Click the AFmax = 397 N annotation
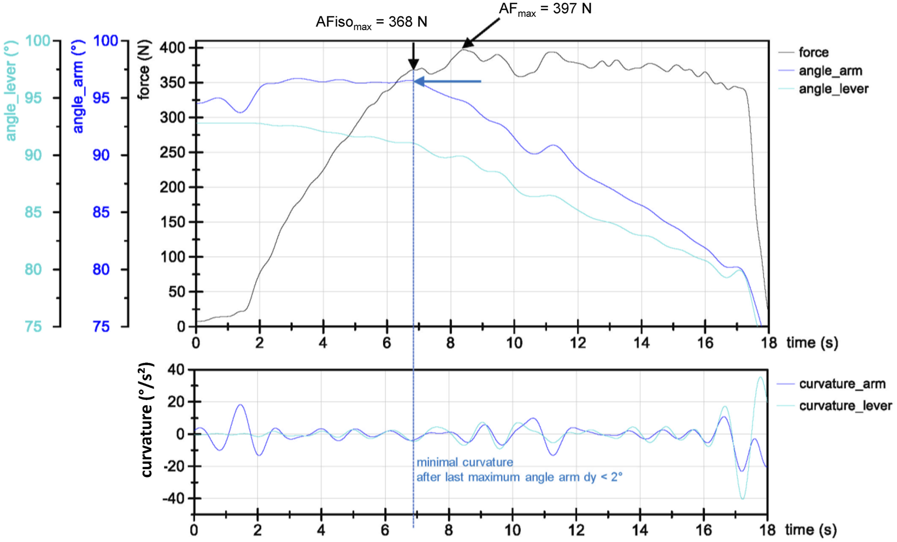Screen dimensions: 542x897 545,9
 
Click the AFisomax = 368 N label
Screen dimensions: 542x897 371,23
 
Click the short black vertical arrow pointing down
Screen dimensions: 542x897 414,55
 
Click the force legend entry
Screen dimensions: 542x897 813,52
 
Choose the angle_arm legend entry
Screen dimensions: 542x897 830,71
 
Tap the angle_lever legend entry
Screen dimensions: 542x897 833,89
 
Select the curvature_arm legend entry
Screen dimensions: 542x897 842,384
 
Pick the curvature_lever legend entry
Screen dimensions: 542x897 845,406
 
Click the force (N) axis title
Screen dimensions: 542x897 144,70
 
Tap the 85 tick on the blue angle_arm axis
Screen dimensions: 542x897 101,212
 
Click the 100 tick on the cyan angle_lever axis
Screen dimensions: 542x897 38,41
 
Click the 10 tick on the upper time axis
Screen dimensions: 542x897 514,343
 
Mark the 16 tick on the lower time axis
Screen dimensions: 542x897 704,530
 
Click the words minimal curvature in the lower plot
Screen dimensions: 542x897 464,462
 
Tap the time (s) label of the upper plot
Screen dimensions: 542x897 812,343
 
